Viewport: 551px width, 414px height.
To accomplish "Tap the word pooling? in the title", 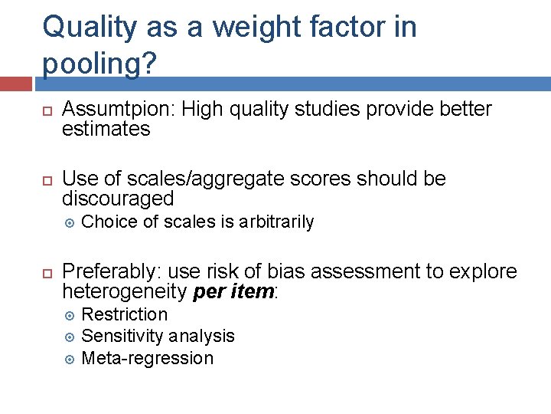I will [x=93, y=64].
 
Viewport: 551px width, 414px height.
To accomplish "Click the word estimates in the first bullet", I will [x=106, y=129].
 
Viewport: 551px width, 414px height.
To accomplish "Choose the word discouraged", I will [x=118, y=199].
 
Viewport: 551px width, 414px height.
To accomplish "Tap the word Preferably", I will [x=111, y=272].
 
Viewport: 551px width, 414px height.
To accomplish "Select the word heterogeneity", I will [x=124, y=291].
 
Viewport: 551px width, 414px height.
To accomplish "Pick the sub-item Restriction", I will [x=124, y=314].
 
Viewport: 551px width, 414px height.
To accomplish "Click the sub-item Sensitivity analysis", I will [x=158, y=336].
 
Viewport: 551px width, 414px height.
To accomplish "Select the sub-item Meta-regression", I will [x=147, y=358].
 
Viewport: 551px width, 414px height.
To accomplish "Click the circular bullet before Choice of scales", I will [x=68, y=223].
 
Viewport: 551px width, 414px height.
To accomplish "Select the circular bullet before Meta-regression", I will [x=68, y=359].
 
